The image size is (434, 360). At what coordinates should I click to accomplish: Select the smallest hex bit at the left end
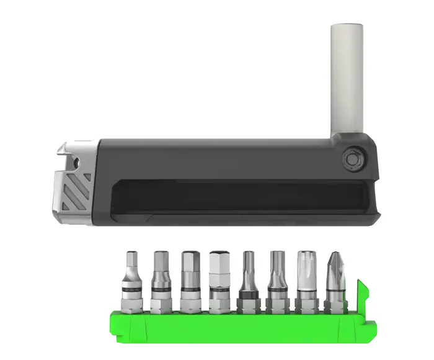pos(132,279)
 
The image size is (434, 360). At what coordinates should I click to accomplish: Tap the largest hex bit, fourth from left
pos(218,279)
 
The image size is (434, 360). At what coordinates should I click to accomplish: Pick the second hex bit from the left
pos(161,279)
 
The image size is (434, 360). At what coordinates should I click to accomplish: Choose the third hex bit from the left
pos(189,279)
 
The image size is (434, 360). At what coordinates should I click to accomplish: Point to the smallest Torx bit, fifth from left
pos(248,279)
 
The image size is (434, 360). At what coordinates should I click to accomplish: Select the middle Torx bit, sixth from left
pos(277,279)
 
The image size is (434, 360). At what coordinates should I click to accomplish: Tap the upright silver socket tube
pos(347,74)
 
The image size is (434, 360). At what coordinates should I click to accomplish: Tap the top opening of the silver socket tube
pos(347,26)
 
